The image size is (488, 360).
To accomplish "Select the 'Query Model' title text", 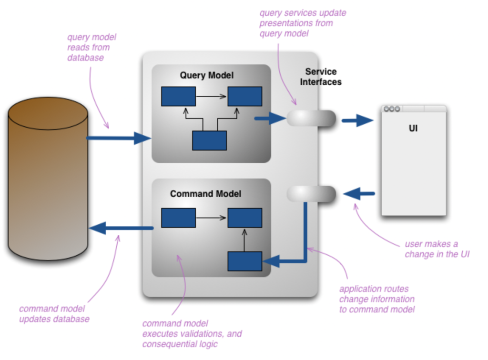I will pos(206,75).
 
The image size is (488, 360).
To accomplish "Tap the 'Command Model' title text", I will pos(205,194).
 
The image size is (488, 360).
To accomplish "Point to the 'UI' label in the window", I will pos(413,128).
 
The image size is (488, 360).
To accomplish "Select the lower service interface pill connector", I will pos(312,194).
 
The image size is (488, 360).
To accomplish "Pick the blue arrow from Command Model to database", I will pos(122,228).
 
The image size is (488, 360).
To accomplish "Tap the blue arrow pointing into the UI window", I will pos(357,120).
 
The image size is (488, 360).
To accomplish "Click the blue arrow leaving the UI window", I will pos(359,194).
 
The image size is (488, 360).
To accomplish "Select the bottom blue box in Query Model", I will pos(209,140).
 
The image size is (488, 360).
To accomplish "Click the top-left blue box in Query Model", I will pos(178,96).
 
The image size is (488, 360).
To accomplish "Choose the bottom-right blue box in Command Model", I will pos(244,261).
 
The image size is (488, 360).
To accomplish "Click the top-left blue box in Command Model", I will pos(178,218).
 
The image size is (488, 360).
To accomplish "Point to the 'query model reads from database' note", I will pos(91,47).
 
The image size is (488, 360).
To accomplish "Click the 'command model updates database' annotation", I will pos(54,314).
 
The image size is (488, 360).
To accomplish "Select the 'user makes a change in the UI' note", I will pos(437,249).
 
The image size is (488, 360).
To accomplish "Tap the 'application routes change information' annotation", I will pos(376,299).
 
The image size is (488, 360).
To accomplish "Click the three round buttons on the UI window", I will pos(392,109).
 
